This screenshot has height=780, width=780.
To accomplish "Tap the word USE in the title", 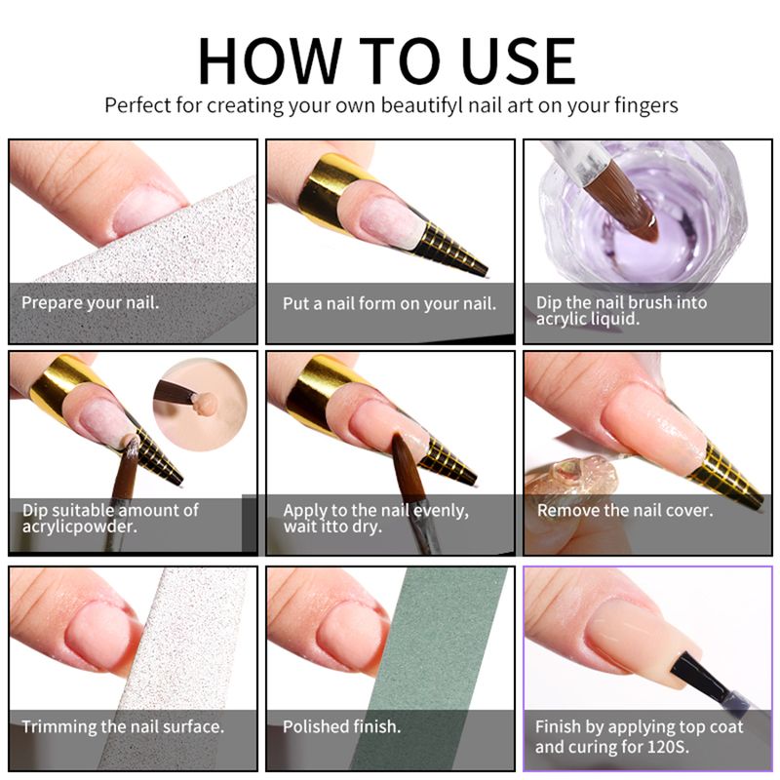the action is [518, 61].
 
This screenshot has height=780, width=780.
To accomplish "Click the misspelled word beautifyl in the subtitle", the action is [422, 105].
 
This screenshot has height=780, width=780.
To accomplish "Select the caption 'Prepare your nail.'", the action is [90, 302].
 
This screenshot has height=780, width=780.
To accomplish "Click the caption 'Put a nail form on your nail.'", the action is [389, 303].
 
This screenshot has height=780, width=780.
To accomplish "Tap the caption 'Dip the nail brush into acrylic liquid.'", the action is [621, 310].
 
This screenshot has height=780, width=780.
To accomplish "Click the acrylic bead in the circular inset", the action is [205, 403].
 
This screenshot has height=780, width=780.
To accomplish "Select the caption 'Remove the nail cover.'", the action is [625, 510].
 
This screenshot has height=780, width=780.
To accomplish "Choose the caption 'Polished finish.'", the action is [342, 726].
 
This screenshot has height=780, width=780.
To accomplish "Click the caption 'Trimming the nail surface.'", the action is [123, 726].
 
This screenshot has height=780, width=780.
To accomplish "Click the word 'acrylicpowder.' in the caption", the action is [80, 526].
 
